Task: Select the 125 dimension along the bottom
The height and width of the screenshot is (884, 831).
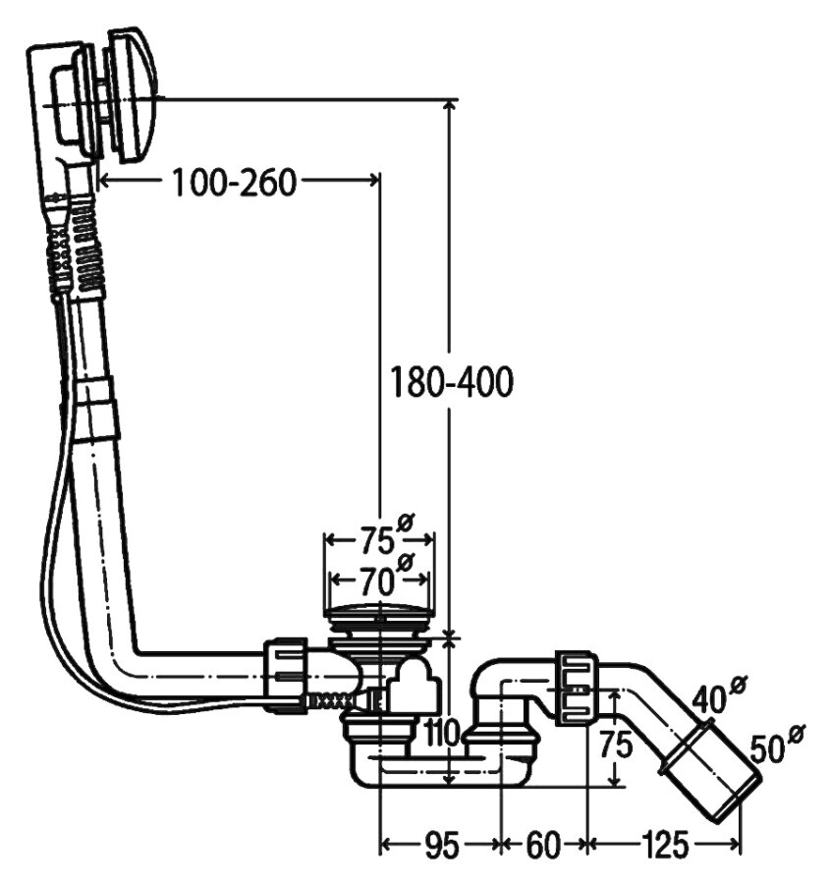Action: click(x=665, y=844)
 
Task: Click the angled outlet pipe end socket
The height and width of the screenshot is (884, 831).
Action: click(x=711, y=771)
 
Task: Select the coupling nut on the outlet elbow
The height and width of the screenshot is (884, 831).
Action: click(x=577, y=689)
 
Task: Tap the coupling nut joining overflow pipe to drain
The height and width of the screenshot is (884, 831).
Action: click(x=287, y=674)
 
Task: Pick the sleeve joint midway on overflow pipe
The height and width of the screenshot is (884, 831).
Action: click(x=97, y=407)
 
